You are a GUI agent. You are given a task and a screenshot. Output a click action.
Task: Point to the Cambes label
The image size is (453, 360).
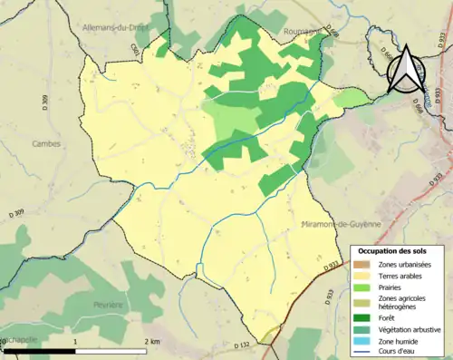click(45, 143)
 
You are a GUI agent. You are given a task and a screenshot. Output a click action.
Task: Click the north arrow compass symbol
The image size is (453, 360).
click(406, 65)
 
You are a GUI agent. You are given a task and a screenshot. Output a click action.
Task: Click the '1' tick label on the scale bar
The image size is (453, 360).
click(75, 341)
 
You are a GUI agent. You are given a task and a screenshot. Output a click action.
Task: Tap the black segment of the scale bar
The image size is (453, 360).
click(41, 350)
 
